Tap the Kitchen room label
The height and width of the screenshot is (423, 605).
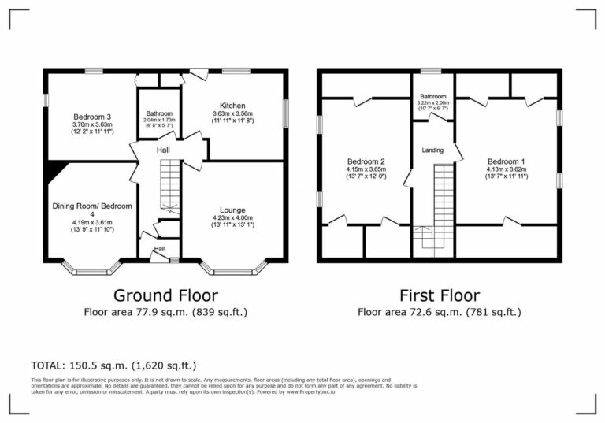(232, 106)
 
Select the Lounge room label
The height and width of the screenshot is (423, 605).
(233, 210)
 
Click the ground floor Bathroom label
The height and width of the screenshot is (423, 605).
(160, 113)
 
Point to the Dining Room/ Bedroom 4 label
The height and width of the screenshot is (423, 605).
(92, 210)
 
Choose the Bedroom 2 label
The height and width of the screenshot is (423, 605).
(364, 160)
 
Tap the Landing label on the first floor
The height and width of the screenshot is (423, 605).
(432, 150)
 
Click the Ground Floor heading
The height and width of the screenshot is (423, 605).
(165, 295)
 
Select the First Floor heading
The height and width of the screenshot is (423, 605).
(439, 295)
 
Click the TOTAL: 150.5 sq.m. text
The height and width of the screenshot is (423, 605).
(113, 365)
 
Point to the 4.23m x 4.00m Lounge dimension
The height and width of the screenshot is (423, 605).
(233, 218)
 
